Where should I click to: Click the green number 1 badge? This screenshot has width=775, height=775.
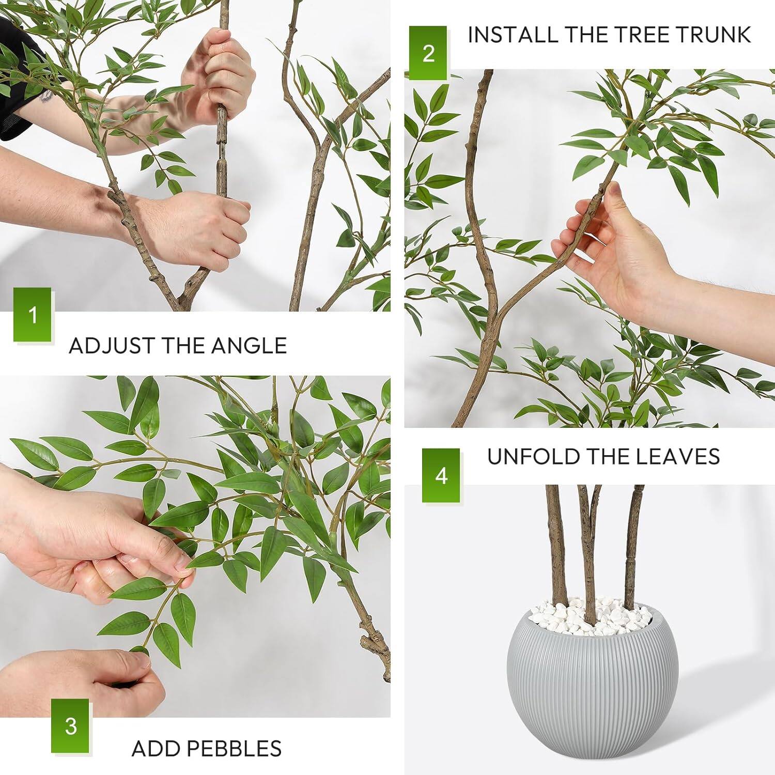click(x=33, y=315)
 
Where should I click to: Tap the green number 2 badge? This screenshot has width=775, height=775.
click(x=428, y=53)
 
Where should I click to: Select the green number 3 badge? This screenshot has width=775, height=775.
click(x=70, y=725)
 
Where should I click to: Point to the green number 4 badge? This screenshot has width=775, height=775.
click(x=441, y=475)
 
